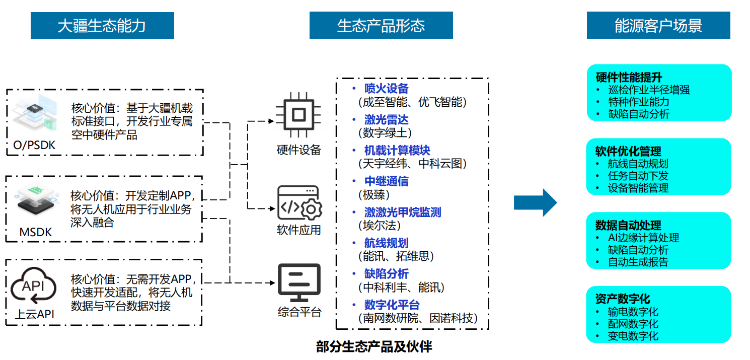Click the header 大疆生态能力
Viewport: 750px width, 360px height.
102,26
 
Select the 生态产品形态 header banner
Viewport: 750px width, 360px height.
381,26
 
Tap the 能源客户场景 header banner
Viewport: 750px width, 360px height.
658,26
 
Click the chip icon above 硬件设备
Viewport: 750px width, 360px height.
298,115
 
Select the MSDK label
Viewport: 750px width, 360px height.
36,233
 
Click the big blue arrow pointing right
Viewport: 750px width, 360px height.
535,203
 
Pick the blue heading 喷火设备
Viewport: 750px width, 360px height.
387,89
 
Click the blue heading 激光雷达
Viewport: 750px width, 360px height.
387,120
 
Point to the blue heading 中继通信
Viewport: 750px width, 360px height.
387,181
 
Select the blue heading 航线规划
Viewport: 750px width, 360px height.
387,243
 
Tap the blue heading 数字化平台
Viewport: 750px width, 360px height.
392,305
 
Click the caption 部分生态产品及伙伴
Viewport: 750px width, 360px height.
374,346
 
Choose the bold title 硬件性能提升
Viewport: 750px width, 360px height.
629,78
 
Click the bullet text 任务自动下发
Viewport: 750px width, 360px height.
638,176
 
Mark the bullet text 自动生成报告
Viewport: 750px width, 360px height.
638,262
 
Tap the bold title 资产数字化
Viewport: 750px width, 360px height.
623,299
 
